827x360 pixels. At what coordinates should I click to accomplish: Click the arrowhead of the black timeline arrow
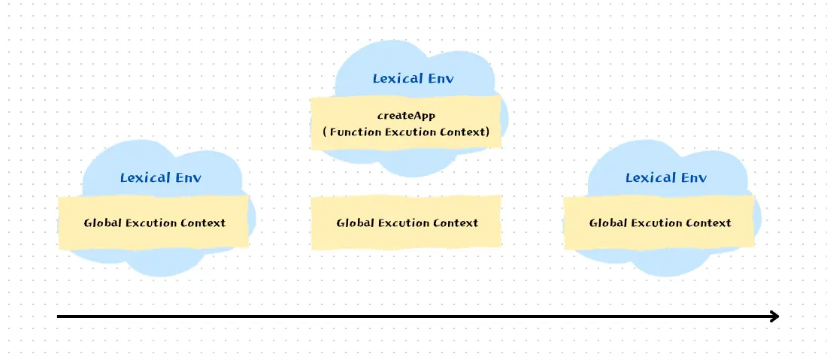[x=774, y=316]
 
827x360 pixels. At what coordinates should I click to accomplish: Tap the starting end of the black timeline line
[x=59, y=316]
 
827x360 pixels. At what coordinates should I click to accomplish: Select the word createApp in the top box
[x=406, y=116]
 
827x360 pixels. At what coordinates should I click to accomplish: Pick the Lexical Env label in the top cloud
[x=413, y=78]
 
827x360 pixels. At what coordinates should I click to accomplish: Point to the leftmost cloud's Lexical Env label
[x=160, y=177]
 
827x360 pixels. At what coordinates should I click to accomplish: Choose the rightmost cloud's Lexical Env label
[x=665, y=177]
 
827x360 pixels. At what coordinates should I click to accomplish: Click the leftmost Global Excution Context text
[x=154, y=222]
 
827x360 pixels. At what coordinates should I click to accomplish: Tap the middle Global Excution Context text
[x=407, y=222]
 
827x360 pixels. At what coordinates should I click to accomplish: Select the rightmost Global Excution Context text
[x=659, y=222]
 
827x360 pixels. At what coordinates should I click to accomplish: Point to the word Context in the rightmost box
[x=707, y=222]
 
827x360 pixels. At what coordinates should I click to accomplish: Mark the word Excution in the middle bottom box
[x=401, y=222]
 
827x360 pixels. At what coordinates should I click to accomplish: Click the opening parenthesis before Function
[x=325, y=132]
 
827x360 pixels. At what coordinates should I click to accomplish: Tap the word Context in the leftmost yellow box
[x=202, y=222]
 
